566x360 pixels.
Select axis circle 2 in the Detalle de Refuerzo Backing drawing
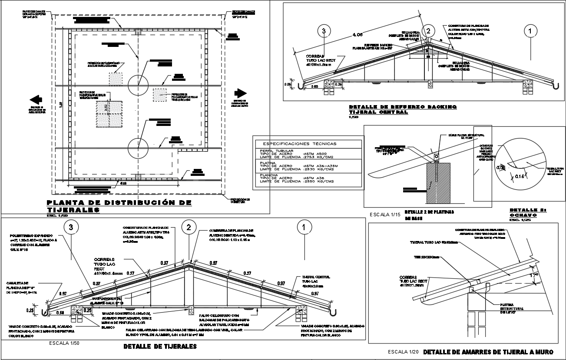(x=428, y=31)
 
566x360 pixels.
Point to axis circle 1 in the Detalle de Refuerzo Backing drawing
(x=530, y=31)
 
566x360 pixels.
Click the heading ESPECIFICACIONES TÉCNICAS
(x=299, y=144)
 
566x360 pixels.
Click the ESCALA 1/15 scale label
(x=384, y=215)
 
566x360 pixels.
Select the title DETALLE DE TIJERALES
(x=160, y=347)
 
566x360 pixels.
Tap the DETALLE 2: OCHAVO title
(x=526, y=212)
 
